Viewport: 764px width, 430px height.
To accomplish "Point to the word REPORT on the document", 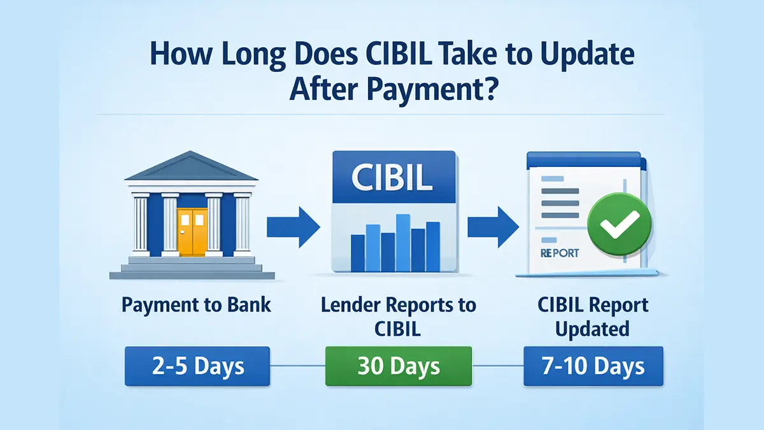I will (x=560, y=253).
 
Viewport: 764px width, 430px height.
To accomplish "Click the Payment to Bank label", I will (x=196, y=305).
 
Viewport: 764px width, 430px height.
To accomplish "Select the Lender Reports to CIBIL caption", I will (x=398, y=317).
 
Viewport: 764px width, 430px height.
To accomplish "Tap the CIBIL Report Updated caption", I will (x=593, y=317).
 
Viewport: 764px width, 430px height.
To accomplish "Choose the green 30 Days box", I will (x=399, y=366).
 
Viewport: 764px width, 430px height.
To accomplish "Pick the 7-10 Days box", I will (x=593, y=366).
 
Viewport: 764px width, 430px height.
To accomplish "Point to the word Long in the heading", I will (x=243, y=55).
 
